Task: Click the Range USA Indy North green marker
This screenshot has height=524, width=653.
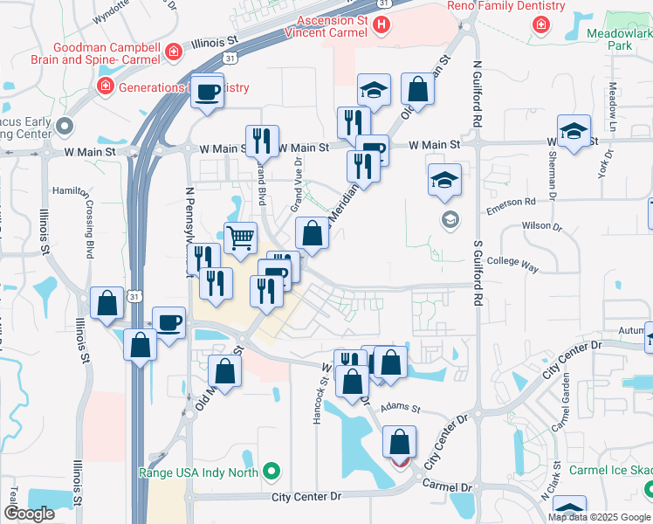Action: tap(272, 472)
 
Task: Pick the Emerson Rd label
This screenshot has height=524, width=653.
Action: tap(511, 202)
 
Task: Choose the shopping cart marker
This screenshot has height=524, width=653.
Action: tap(240, 236)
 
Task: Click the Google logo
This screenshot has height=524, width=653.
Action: tap(29, 514)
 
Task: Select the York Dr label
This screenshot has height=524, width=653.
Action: tap(602, 165)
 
